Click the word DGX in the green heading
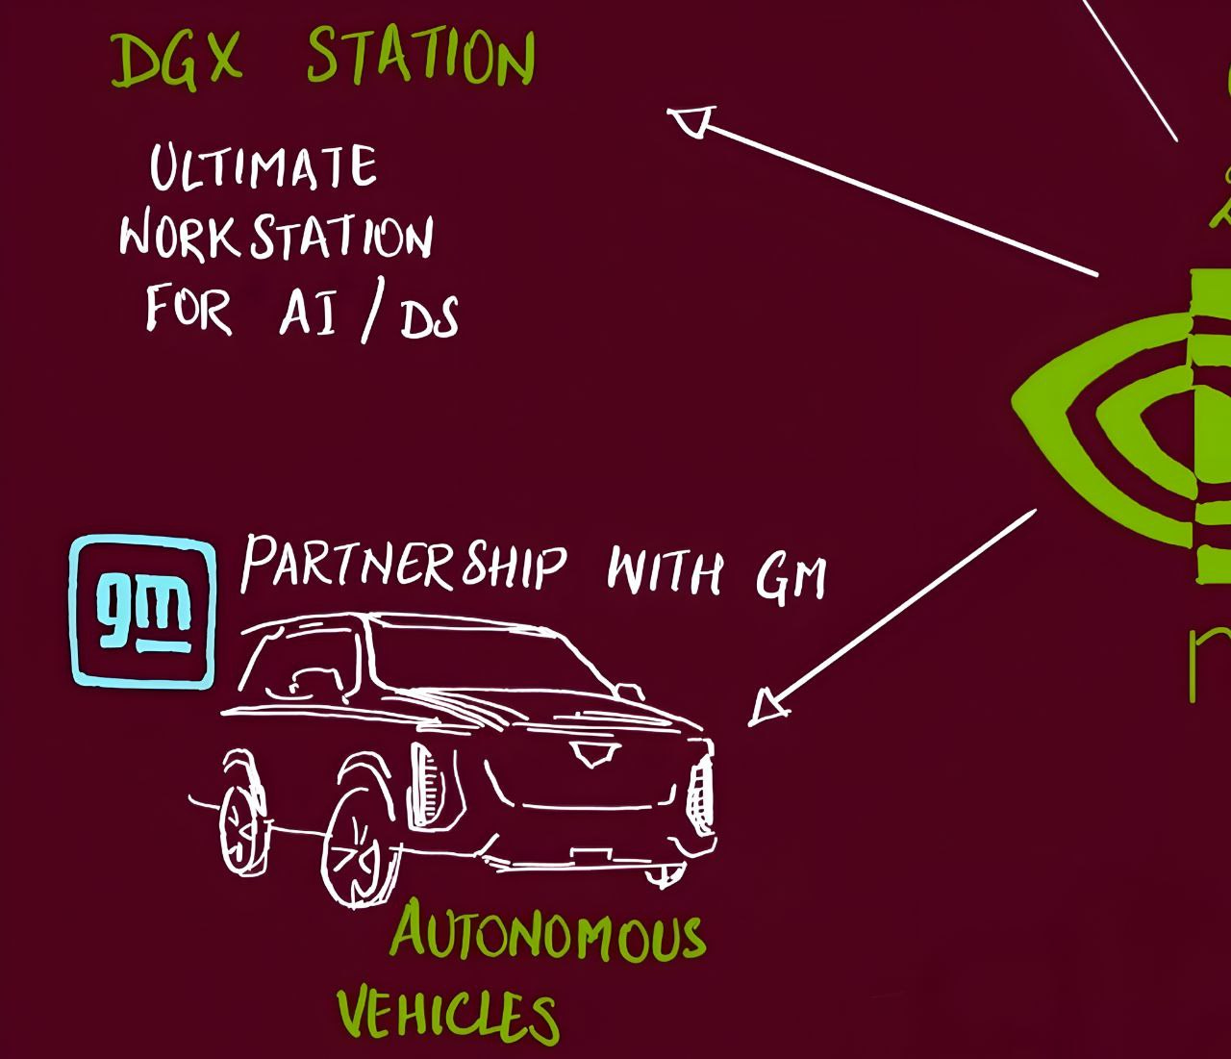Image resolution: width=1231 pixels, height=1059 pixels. [x=176, y=60]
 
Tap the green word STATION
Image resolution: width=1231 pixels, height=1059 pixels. [x=420, y=58]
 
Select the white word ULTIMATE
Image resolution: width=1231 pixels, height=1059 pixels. [x=263, y=166]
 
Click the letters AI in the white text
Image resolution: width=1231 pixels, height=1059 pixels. [x=308, y=312]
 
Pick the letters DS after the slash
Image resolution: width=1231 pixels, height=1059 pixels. [x=429, y=317]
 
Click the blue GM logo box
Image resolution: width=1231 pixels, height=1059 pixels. [x=143, y=611]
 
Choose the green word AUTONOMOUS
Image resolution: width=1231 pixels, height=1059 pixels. [x=548, y=933]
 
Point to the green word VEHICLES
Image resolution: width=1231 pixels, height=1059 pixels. [x=448, y=1013]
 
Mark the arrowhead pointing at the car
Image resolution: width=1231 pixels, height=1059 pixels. [x=767, y=707]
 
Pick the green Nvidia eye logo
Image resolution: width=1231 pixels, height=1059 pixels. [x=1120, y=423]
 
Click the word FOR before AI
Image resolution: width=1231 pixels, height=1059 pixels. [x=188, y=309]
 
